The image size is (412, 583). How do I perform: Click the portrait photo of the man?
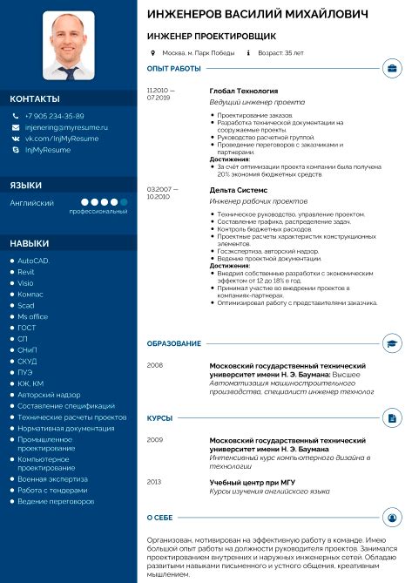(x=69, y=44)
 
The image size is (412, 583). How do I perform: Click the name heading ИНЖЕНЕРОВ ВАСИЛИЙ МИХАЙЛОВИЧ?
(x=257, y=15)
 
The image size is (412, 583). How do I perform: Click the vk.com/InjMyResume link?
(x=61, y=139)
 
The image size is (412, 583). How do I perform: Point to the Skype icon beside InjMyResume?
(x=16, y=150)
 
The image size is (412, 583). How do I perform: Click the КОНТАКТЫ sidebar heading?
(x=36, y=98)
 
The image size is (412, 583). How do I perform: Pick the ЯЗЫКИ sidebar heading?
(x=25, y=185)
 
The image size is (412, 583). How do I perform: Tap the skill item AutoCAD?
(x=34, y=261)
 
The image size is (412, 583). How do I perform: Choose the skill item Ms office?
(x=33, y=316)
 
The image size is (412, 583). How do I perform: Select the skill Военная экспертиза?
(x=53, y=479)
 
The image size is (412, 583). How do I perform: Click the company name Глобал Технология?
(x=244, y=91)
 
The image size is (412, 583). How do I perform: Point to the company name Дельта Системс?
(x=239, y=189)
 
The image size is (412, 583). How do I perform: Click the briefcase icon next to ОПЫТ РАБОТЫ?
(x=391, y=68)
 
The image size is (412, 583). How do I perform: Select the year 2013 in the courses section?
(x=154, y=481)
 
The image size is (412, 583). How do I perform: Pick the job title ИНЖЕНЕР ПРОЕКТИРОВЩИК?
(x=212, y=37)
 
